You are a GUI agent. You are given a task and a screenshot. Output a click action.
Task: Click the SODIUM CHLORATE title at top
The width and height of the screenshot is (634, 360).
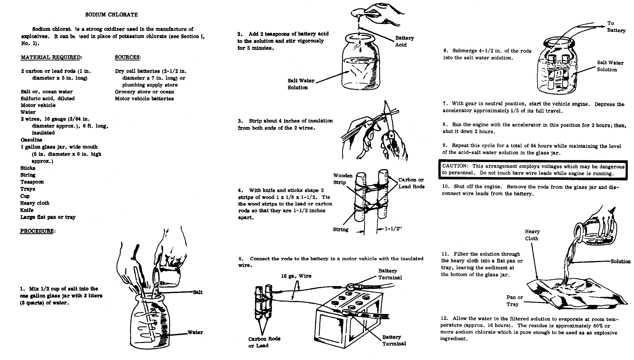coord(111,15)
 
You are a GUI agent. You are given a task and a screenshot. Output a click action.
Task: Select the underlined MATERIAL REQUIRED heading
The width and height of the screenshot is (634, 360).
coord(51,57)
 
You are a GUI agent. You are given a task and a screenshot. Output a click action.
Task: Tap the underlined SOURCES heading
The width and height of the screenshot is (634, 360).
coord(127,57)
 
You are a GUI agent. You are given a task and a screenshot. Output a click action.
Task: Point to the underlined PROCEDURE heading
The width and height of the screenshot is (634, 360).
coord(37,231)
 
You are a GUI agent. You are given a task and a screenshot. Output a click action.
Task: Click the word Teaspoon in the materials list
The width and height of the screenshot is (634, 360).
coord(32,182)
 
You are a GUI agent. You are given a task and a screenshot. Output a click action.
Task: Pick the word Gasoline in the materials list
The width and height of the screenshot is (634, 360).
coord(31,140)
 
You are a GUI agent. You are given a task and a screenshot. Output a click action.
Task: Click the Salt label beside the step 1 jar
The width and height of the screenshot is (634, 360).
coord(198,292)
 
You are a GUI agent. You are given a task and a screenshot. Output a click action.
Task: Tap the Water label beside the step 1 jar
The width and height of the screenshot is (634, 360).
coord(195,332)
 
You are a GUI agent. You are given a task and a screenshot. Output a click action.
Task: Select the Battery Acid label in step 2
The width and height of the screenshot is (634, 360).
coord(404,41)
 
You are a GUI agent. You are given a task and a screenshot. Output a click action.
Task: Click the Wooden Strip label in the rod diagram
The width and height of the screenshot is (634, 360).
coord(343,179)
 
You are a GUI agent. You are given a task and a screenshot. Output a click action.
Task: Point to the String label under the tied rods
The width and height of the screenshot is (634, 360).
coord(341,230)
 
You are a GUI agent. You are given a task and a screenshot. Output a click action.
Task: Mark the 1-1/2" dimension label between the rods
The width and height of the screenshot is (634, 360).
coord(393,229)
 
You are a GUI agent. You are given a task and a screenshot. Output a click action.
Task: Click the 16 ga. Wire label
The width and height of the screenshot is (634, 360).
coord(296,276)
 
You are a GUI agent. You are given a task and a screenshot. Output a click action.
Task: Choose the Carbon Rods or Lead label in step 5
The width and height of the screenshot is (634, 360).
coord(264,342)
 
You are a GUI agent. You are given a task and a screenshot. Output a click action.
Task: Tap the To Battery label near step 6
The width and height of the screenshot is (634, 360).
coord(616,27)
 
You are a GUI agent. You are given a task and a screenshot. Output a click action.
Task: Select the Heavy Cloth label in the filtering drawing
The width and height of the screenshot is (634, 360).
coord(532,235)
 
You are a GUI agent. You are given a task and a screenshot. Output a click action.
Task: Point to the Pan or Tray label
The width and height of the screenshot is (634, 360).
coord(514,300)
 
